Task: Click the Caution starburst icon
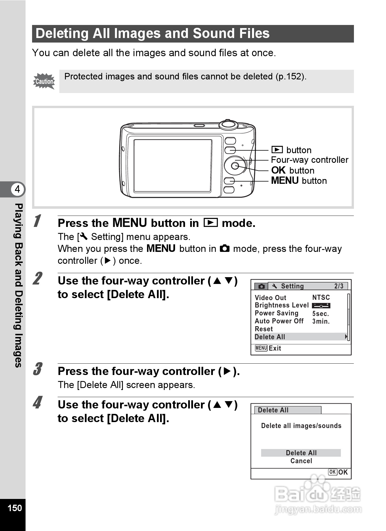click(44, 81)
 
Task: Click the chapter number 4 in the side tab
click(18, 189)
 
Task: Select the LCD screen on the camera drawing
click(173, 166)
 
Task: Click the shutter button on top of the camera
click(228, 124)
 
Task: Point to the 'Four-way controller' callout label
click(309, 160)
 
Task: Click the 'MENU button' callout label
click(299, 181)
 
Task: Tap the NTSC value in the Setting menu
click(321, 298)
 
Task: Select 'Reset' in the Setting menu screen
click(264, 329)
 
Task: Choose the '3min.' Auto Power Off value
click(321, 321)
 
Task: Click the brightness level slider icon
click(321, 305)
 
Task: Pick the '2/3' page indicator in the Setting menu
click(339, 286)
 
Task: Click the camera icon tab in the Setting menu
click(261, 286)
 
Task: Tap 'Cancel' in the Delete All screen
click(301, 461)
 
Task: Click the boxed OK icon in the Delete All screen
click(332, 472)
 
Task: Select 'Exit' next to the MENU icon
click(275, 348)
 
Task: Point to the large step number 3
click(37, 369)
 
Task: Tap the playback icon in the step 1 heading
click(211, 223)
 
